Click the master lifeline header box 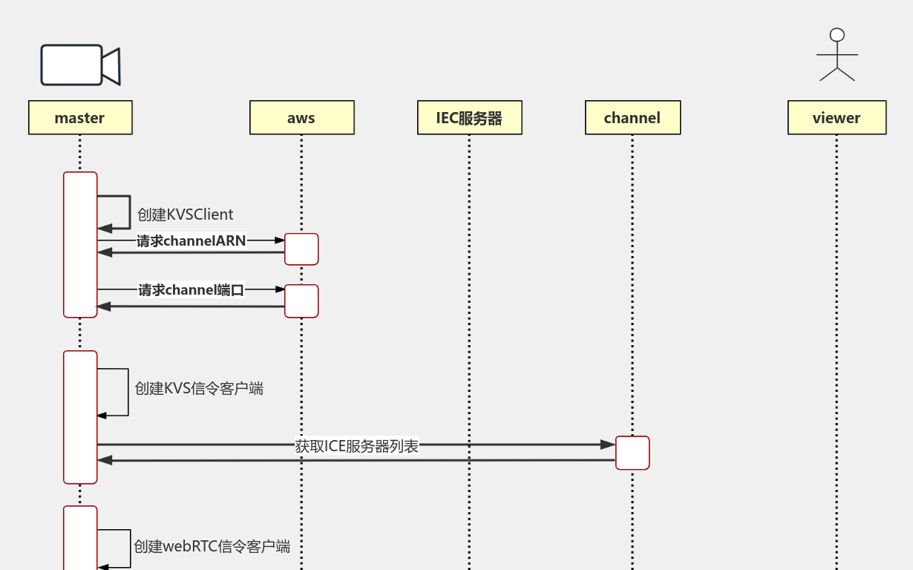coord(80,117)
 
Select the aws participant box coord(301,117)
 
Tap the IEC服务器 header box coord(469,117)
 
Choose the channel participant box coord(632,117)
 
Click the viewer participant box coord(837,117)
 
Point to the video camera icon coord(80,65)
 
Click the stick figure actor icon coord(837,55)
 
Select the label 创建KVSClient coord(185,214)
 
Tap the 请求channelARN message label coord(191,240)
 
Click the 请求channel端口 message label coord(191,289)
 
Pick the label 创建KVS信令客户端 coord(198,388)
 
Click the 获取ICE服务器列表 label coord(356,446)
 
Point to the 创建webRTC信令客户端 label coord(212,546)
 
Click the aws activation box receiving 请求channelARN coord(301,249)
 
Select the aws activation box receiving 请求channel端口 coord(301,301)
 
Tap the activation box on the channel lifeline coord(632,453)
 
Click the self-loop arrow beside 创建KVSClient coord(129,212)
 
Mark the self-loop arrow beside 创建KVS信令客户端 coord(128,392)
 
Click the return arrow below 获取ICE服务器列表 coord(356,460)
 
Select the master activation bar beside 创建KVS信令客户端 coord(80,417)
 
